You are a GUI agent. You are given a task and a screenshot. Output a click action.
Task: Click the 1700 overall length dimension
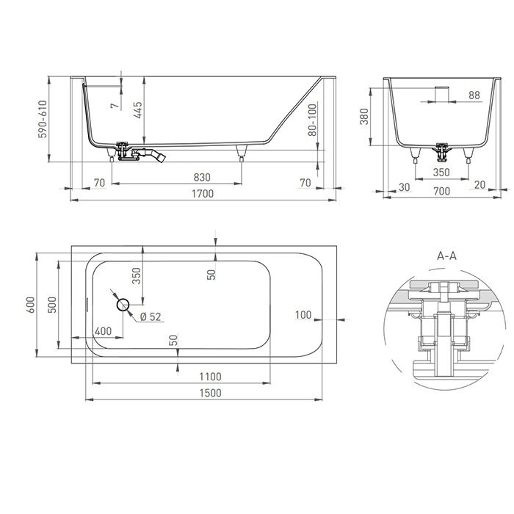pos(203,194)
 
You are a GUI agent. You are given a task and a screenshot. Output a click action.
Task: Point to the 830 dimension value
pos(202,178)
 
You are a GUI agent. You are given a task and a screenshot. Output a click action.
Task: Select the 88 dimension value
pos(474,95)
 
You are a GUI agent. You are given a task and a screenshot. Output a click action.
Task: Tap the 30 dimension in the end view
pos(404,187)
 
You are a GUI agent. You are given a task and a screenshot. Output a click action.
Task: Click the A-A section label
pos(446,256)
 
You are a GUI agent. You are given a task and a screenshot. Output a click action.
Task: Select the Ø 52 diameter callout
pos(150,317)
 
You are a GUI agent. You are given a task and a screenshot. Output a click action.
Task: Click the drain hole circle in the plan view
pos(123,304)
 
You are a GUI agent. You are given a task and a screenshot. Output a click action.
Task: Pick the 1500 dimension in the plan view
pos(209,393)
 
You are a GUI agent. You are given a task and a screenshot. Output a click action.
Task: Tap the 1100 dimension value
pos(209,377)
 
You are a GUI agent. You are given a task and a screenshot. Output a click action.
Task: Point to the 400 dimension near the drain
pos(104,331)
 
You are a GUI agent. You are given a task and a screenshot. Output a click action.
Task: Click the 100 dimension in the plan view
pos(303,314)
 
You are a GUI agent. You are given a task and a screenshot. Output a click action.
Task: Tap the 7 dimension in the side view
pos(113,106)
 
